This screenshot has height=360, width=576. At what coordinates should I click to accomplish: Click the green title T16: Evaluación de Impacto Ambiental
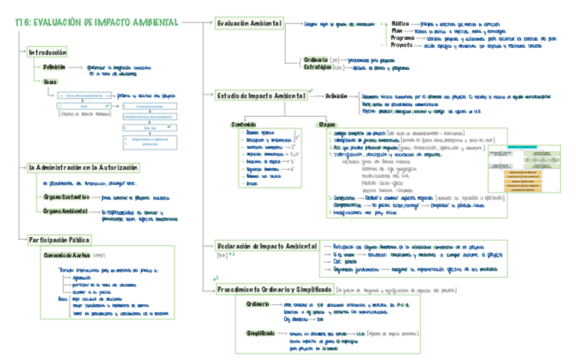pos(96,22)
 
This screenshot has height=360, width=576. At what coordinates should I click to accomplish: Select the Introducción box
pos(48,52)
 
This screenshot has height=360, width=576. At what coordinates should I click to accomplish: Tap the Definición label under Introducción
pos(54,68)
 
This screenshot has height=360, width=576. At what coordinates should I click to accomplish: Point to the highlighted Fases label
pos(50,82)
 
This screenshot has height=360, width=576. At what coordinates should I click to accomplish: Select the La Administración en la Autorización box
pos(84,167)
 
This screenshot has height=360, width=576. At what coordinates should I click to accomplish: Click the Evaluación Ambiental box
pos(249,24)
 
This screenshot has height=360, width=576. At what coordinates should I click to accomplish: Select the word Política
pos(401,23)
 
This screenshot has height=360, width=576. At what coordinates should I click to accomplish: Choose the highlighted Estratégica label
pos(317,67)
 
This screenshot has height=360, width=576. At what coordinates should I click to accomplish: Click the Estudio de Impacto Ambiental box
pos(261,96)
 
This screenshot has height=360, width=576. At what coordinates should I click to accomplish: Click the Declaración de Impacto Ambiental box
pos(267,245)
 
